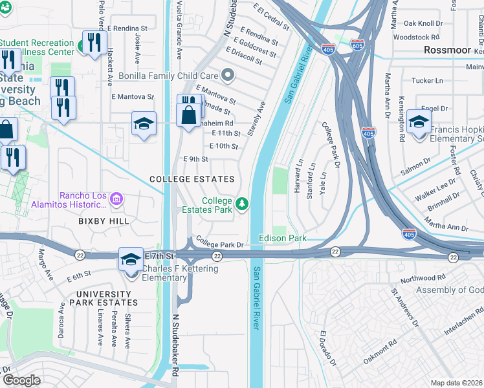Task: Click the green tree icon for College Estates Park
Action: coord(242,204)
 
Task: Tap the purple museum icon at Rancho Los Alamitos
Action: coord(116,199)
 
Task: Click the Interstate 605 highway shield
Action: coord(357,45)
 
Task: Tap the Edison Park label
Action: coord(283,238)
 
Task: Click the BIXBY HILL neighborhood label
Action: coord(104,221)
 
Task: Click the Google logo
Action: coord(21,380)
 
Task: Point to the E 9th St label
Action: coord(196,159)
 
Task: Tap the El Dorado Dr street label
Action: coord(327,349)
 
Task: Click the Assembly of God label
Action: coord(449,290)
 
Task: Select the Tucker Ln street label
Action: coord(427,81)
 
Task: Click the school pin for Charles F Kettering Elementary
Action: coord(131,259)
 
